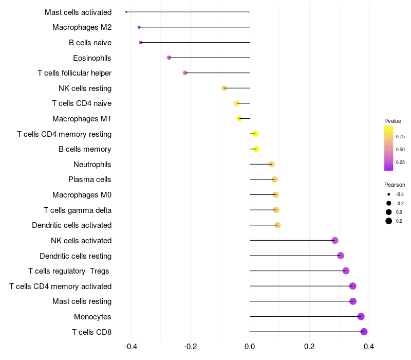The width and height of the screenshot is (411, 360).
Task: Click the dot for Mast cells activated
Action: coord(126,12)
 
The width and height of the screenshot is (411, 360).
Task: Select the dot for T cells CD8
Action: coord(364,332)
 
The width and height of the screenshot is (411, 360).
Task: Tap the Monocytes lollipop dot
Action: coord(361,316)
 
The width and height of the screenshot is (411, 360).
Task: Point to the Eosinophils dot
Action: coord(169,58)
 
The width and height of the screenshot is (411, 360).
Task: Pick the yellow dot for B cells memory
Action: coord(256,149)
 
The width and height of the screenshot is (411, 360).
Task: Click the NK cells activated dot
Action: coord(335,240)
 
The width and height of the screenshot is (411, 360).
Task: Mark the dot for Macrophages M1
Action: coord(239,119)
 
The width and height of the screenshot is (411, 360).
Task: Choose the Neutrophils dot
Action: coord(272,164)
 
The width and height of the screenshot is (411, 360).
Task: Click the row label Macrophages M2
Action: coord(82,27)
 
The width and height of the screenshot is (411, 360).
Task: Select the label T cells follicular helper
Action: coord(74,73)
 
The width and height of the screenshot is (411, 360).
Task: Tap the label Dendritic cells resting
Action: coord(76,256)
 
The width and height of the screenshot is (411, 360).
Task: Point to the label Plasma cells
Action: coord(89,179)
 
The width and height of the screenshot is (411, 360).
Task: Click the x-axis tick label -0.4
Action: coord(131,347)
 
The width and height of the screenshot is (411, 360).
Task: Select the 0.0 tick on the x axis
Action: coord(250,347)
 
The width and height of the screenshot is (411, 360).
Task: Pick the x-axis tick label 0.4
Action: coord(369,347)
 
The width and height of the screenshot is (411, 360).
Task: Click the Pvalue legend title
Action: coord(393,121)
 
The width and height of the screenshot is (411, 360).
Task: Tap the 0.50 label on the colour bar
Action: coord(400,149)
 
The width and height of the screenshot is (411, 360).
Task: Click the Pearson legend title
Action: coord(395,185)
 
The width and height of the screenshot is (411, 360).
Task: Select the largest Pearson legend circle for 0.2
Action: coord(389,221)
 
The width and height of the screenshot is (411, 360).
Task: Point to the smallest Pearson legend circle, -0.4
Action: coord(389,194)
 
